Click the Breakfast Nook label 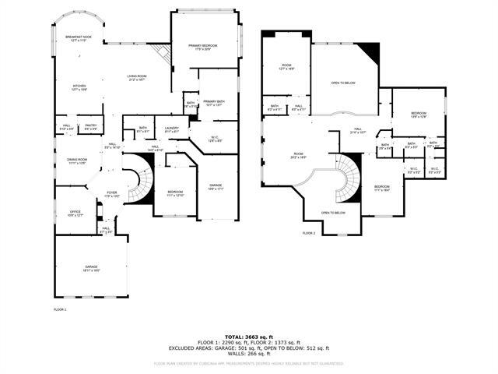pyautogui.click(x=79, y=39)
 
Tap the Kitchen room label pyautogui.click(x=79, y=88)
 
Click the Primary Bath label pyautogui.click(x=213, y=104)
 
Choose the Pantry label pyautogui.click(x=91, y=127)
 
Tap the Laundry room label pyautogui.click(x=172, y=130)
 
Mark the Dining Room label pyautogui.click(x=76, y=161)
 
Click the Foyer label pyautogui.click(x=112, y=194)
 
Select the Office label pyautogui.click(x=75, y=213)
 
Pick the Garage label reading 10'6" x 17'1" pyautogui.click(x=216, y=187)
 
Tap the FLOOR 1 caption pyautogui.click(x=60, y=310)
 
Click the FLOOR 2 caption pyautogui.click(x=309, y=233)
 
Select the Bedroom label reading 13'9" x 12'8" pyautogui.click(x=419, y=116)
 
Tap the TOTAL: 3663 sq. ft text pyautogui.click(x=248, y=337)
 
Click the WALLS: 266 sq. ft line pyautogui.click(x=248, y=355)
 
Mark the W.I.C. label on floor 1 pyautogui.click(x=216, y=140)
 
